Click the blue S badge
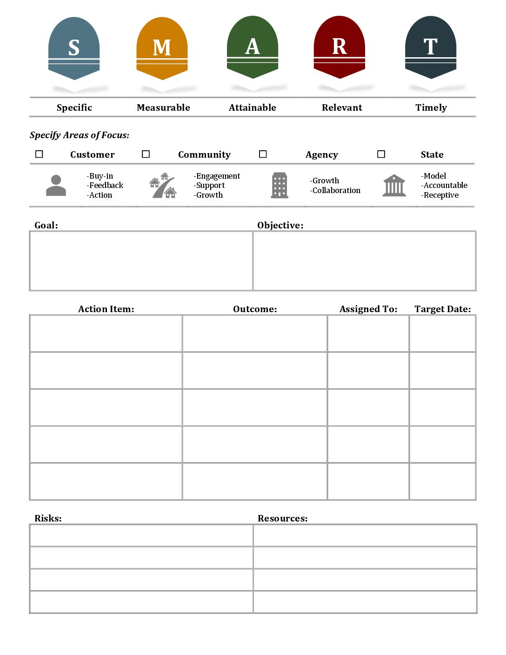pos(74,48)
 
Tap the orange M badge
pos(162,48)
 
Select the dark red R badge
pos(340,47)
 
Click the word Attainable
pos(253,107)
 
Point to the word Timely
pos(431,107)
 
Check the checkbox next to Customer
pos(40,154)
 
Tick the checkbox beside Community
pos(146,154)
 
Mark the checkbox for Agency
pos(263,154)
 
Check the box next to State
pos(381,154)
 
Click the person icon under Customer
pos(56,185)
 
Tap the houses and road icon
pos(163,185)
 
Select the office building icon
pos(280,185)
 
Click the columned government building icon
pos(394,185)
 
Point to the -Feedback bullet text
pos(105,185)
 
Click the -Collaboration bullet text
pos(335,190)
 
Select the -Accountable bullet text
pos(444,185)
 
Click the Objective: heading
pos(280,225)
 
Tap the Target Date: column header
pos(443,309)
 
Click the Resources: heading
pos(283,518)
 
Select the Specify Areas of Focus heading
pos(80,135)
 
